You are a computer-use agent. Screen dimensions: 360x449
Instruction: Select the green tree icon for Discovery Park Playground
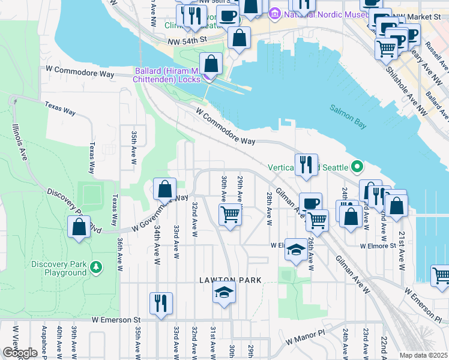(95, 265)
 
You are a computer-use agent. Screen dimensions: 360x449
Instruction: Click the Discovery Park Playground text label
(59, 269)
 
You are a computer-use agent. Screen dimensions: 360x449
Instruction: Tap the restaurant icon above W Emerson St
(161, 303)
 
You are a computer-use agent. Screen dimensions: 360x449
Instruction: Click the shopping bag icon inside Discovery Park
(79, 227)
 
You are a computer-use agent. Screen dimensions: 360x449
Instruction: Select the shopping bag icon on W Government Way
(164, 190)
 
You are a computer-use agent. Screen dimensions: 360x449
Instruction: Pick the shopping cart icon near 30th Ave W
(230, 214)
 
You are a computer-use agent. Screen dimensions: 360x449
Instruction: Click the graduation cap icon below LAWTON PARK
(224, 293)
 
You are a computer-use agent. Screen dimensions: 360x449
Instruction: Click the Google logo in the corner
(20, 353)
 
